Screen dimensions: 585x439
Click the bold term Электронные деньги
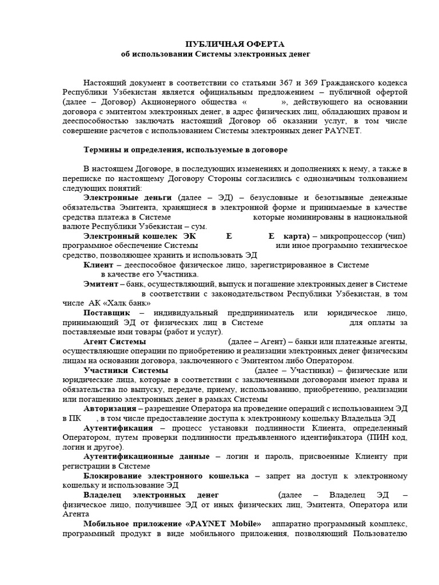point(119,198)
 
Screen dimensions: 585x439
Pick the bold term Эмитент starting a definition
point(101,284)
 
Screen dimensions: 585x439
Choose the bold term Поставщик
point(106,313)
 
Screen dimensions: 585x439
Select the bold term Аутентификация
point(118,428)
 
